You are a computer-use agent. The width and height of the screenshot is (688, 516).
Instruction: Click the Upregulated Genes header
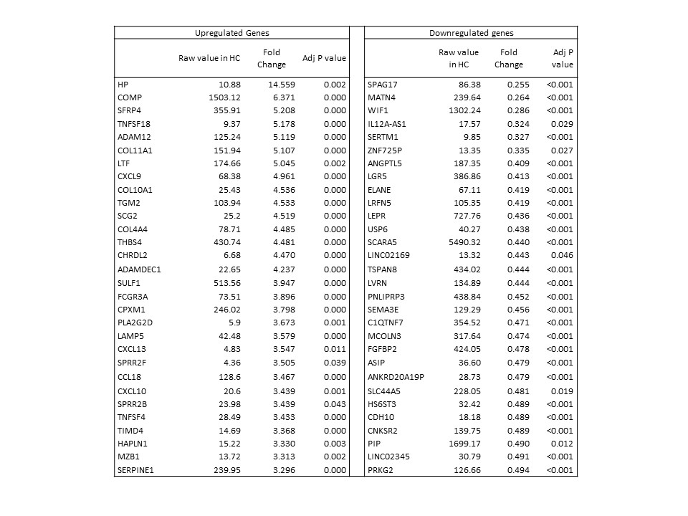pyautogui.click(x=232, y=33)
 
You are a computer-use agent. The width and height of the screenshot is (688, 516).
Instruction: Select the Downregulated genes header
pyautogui.click(x=471, y=33)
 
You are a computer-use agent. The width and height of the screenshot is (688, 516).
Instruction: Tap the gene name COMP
pyautogui.click(x=128, y=97)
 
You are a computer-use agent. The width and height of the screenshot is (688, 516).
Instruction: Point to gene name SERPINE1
pyautogui.click(x=137, y=470)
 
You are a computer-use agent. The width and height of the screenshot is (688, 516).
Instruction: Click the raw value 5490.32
pyautogui.click(x=459, y=242)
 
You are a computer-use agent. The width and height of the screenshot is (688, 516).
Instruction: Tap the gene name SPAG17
pyautogui.click(x=382, y=85)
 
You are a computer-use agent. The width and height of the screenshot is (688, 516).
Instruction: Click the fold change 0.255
pyautogui.click(x=508, y=85)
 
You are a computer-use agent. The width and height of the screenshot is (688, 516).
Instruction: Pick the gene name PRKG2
pyautogui.click(x=380, y=470)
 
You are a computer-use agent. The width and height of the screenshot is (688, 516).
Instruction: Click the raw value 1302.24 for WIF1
pyautogui.click(x=459, y=111)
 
